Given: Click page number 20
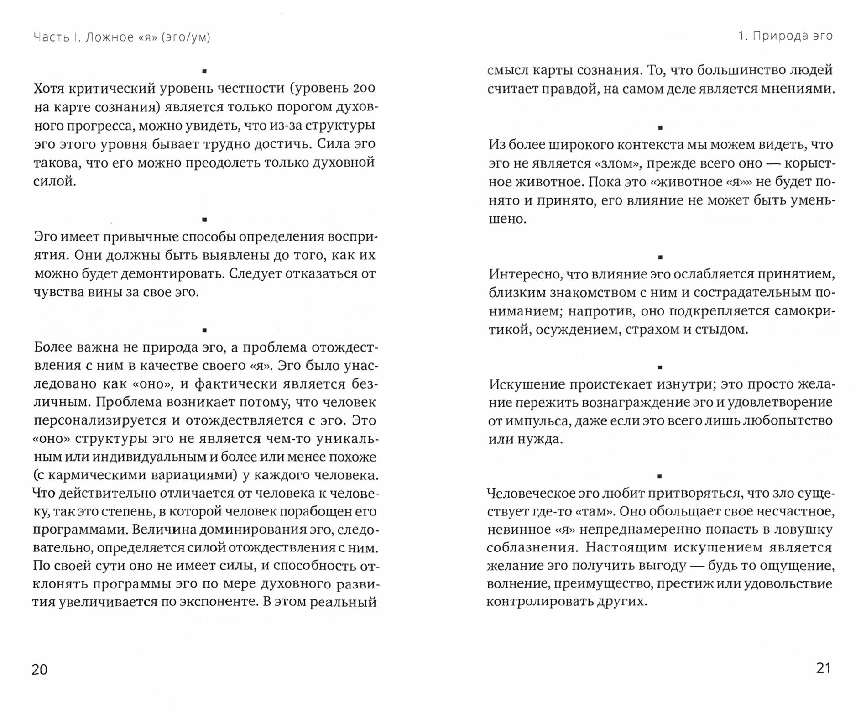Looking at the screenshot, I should click(x=39, y=669).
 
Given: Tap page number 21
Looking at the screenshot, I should click(x=823, y=668).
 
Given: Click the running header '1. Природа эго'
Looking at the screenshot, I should click(x=786, y=36).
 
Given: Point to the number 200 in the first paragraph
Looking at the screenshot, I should click(x=364, y=88).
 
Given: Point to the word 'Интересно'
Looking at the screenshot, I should click(x=524, y=274).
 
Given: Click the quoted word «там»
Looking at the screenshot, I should click(x=592, y=511).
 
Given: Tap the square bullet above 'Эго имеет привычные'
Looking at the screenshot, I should click(x=204, y=220).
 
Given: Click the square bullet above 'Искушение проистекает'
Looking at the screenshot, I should click(x=659, y=367).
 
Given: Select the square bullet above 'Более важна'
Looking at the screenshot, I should click(x=204, y=330).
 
